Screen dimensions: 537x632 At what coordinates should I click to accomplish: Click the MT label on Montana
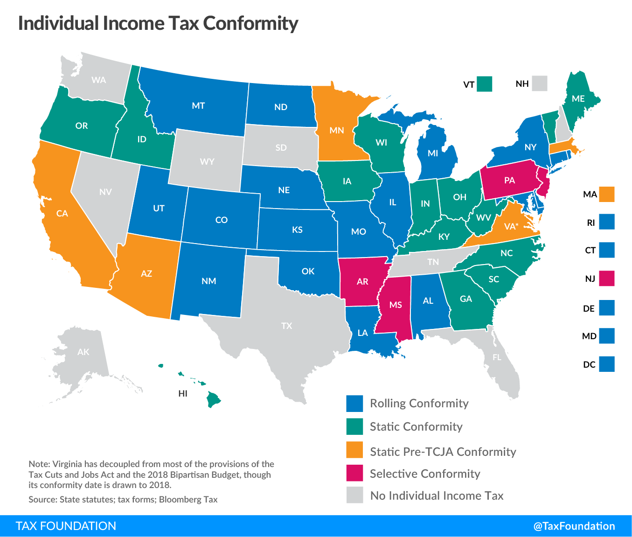tap(198, 106)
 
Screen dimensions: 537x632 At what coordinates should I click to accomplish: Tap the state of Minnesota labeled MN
tap(336, 130)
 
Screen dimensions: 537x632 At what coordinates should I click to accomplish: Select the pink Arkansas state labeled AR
tap(362, 281)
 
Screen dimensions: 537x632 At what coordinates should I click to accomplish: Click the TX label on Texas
tap(287, 326)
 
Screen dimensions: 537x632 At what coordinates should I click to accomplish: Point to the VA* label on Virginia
tap(511, 227)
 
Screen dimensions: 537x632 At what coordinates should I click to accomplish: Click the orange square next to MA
tap(607, 194)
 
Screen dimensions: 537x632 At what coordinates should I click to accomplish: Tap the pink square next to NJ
tap(607, 279)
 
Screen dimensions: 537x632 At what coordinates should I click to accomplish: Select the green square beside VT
tap(485, 84)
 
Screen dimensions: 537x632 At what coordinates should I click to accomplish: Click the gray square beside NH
tap(540, 84)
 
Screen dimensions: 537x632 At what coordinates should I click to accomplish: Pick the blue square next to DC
tap(607, 364)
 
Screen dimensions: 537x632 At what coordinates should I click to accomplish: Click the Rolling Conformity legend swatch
tap(354, 404)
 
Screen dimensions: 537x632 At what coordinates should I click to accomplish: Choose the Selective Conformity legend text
tap(425, 474)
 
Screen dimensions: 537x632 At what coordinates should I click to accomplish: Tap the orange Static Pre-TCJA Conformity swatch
tap(354, 450)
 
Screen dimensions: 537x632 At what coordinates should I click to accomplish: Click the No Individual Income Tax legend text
tap(437, 495)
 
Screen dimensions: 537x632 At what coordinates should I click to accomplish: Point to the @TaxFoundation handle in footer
tap(574, 526)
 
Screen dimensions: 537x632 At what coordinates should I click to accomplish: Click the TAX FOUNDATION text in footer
tap(66, 526)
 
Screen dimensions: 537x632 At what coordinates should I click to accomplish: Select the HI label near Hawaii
tap(183, 393)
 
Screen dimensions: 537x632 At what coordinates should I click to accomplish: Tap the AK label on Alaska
tap(83, 352)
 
